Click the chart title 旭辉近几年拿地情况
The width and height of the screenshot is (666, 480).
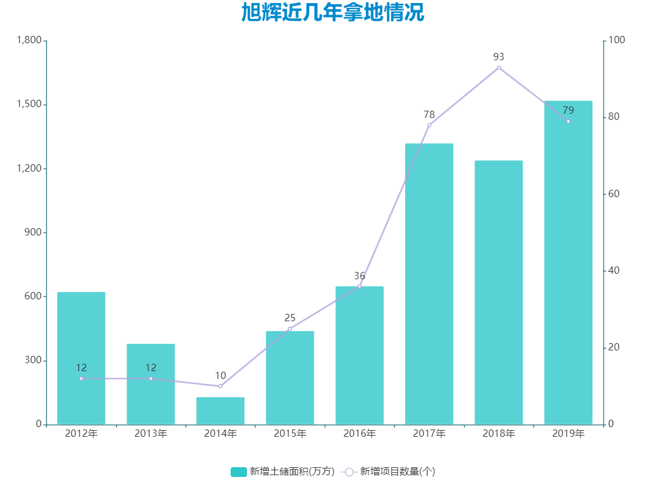coord(332,13)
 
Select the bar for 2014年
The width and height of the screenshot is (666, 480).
coord(220,411)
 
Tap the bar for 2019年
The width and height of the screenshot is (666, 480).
coord(568,262)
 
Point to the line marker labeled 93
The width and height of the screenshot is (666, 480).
coord(499,68)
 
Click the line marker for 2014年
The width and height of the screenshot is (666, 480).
coord(220,386)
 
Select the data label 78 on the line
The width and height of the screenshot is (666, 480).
coord(429,114)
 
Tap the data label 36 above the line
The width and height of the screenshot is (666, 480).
coord(359,276)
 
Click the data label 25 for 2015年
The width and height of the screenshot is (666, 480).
coord(290,318)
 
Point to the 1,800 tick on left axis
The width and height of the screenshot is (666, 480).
coord(29,40)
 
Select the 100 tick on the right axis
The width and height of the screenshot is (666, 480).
coord(617,40)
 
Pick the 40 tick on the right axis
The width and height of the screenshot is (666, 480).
coord(614,271)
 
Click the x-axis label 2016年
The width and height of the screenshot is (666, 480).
coord(359,434)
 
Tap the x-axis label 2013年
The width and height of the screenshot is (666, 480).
coord(151,434)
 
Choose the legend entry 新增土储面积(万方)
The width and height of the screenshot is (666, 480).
coord(283,471)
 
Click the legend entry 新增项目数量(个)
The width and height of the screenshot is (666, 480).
coord(389,471)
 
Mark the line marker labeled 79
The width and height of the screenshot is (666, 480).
coord(568,121)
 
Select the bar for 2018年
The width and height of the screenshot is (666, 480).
coord(499,292)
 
